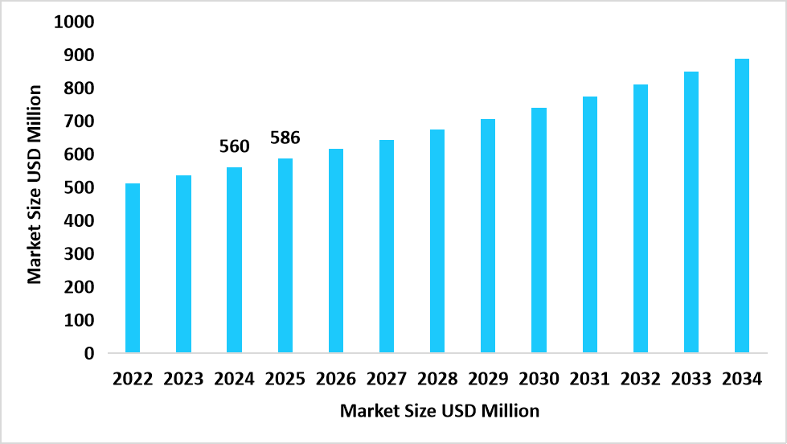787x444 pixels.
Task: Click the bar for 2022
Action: (x=133, y=269)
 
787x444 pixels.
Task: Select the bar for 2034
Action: (x=741, y=206)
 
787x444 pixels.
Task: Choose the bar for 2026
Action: (x=336, y=251)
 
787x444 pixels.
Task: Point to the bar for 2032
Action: (x=640, y=219)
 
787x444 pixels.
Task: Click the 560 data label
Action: (x=235, y=146)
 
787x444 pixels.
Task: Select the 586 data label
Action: (x=285, y=138)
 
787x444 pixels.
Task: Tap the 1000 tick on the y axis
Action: (x=74, y=22)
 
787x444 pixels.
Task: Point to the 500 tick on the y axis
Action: (x=79, y=187)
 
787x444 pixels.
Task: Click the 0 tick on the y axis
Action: (x=90, y=353)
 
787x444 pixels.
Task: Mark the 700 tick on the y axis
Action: (x=79, y=121)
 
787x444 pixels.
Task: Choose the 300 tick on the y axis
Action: (x=79, y=254)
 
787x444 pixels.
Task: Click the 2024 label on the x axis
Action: (x=235, y=379)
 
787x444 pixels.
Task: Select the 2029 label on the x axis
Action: (x=488, y=379)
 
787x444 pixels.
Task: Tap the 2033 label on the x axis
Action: (x=691, y=379)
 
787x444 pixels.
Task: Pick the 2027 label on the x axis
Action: (x=387, y=379)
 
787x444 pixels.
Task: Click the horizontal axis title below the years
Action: (x=439, y=411)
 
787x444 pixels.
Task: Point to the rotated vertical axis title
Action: (x=35, y=187)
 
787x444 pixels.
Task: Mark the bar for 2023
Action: (x=184, y=264)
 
